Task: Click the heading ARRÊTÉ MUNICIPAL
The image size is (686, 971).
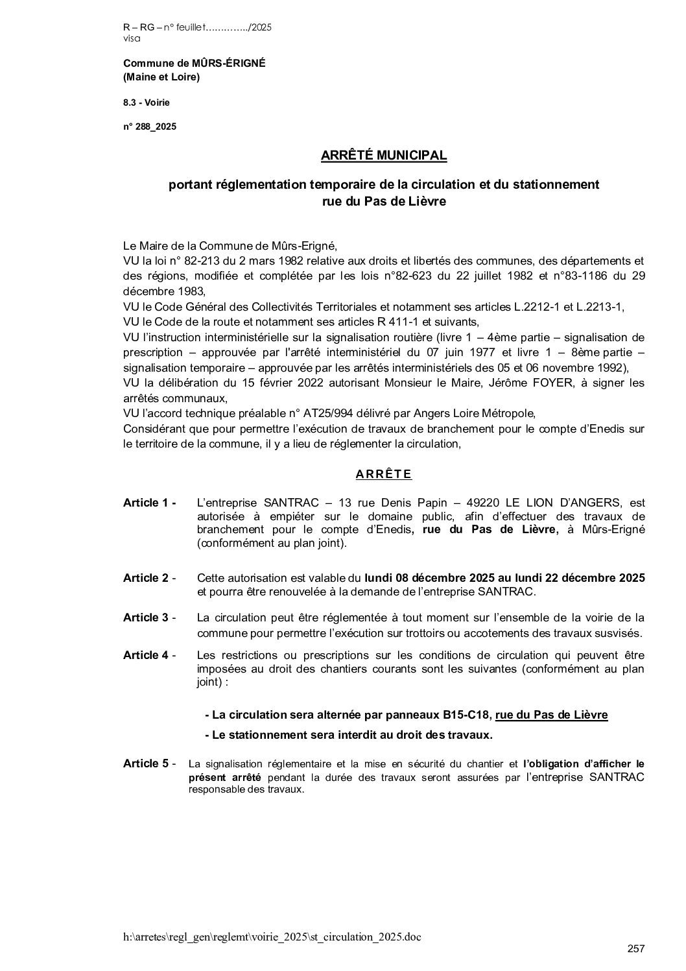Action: coord(384,156)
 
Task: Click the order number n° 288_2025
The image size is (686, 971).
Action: coord(150,126)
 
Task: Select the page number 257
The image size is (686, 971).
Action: coord(636,948)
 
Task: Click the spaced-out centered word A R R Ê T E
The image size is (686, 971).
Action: coord(384,474)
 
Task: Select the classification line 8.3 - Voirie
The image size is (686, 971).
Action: coord(147,102)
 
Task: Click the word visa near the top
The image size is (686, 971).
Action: coord(131,38)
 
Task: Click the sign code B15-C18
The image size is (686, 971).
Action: coord(466,715)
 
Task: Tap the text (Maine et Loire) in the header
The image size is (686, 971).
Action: coord(161,77)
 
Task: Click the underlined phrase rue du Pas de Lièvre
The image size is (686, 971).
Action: coord(551,715)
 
